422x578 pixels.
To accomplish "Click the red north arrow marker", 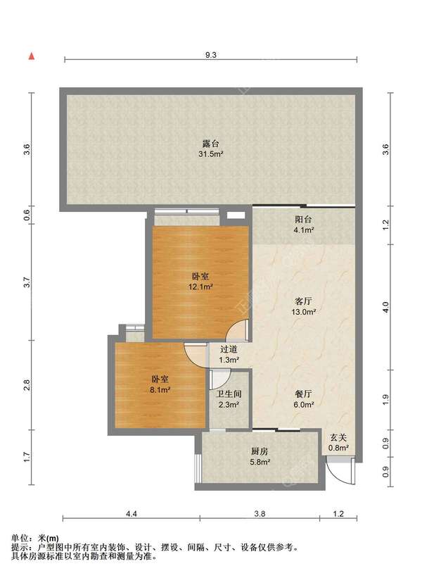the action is pos(32,56).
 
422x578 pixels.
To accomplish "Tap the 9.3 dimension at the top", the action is pos(210,55).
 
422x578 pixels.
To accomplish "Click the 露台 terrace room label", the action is pos(211,143).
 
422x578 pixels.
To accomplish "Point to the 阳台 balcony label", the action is pos(303,220).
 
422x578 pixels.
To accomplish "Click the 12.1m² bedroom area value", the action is pos(200,287).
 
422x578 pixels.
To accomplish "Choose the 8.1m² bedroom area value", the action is pos(160,389).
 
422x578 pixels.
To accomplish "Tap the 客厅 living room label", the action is pos(303,301).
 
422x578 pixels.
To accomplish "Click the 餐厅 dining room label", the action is pos(303,394).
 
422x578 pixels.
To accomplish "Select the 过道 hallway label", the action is pos(229,349).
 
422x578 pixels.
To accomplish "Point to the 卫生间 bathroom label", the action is pos(229,394).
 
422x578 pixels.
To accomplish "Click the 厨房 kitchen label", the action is pos(260,451).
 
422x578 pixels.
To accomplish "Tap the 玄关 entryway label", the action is pos(338,438).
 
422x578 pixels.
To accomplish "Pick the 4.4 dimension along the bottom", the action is pos(132,513).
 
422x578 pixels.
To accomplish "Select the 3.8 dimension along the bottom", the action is pos(260,513).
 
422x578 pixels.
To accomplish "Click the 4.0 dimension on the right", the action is pos(385,307).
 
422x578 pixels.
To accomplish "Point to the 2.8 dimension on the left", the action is pos(27,385).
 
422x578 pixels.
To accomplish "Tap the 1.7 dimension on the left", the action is pos(27,457).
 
